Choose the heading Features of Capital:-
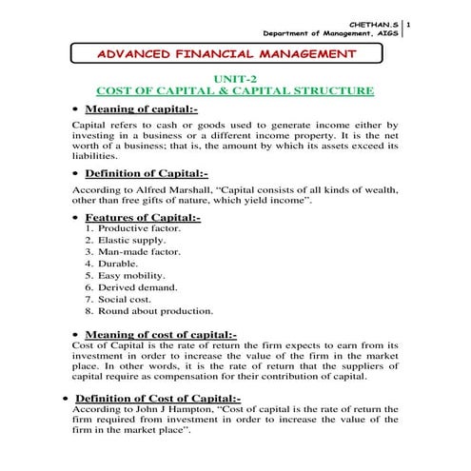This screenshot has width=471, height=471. [143, 218]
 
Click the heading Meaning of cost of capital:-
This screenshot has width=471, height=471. [160, 334]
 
